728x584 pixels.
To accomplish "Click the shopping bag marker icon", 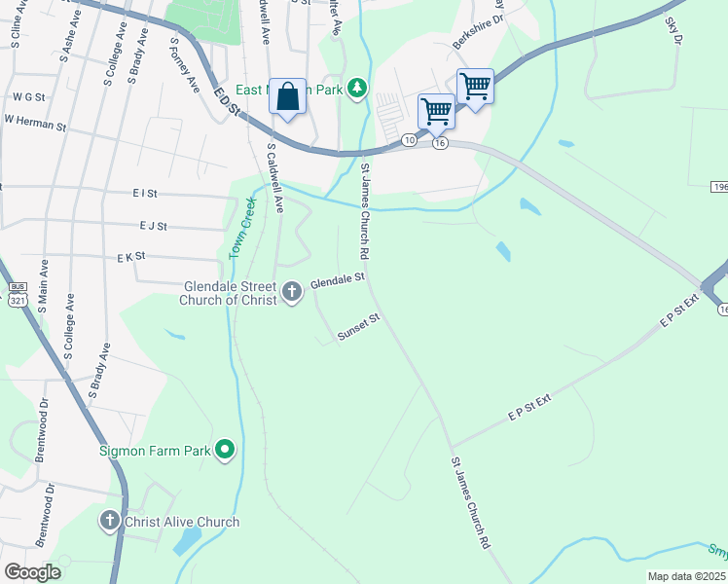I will (287, 96).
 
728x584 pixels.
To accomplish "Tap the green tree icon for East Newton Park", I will (358, 90).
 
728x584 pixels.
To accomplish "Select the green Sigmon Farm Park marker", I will (226, 450).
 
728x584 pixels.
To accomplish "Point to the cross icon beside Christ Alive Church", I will (112, 522).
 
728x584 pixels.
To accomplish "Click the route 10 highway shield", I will (410, 141).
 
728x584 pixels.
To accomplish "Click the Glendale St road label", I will (337, 281).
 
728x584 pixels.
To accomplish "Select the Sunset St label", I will (357, 326).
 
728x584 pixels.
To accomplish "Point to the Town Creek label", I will (242, 228).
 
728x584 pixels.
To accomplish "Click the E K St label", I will (130, 257).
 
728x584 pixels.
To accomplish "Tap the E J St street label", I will (153, 226).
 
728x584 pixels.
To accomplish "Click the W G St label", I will (29, 97).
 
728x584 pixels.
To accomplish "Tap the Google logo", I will (32, 571).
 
